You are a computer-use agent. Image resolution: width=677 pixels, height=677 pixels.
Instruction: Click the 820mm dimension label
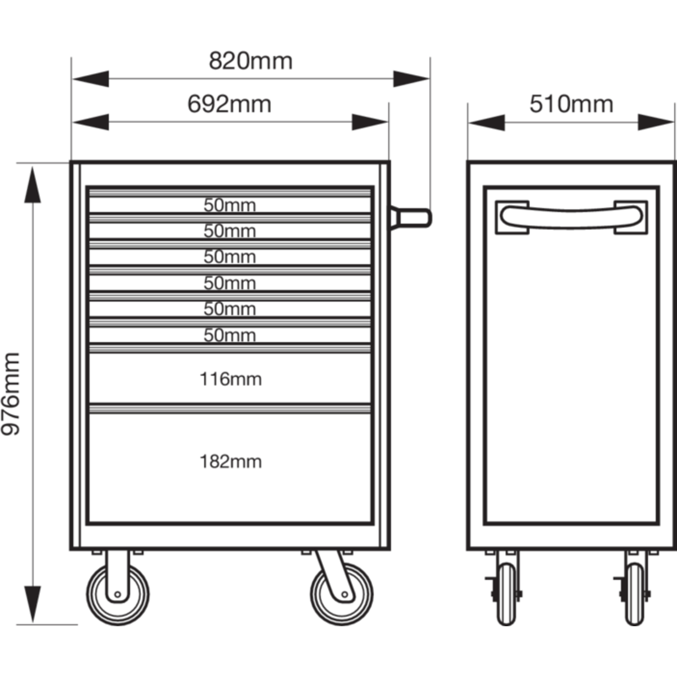(x=250, y=61)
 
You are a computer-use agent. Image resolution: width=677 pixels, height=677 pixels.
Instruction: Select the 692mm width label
(x=229, y=104)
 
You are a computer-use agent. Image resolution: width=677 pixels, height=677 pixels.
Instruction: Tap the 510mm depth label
(x=571, y=104)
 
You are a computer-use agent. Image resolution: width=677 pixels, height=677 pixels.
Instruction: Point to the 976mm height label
(x=11, y=394)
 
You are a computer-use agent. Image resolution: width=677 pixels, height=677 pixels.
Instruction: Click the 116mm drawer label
(x=231, y=379)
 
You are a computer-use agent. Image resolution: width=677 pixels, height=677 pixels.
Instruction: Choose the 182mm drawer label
(x=231, y=462)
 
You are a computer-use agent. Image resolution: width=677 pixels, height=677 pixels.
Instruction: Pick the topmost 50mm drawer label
(x=230, y=205)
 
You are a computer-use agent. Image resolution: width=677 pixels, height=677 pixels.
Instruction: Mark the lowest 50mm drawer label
(x=230, y=335)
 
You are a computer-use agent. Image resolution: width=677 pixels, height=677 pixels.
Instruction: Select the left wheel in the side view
(x=506, y=594)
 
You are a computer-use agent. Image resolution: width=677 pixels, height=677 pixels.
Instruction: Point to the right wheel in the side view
(x=635, y=594)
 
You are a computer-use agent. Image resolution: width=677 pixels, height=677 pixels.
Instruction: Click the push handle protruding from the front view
(x=410, y=218)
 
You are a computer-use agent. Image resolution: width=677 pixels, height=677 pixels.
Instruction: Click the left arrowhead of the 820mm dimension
(x=91, y=79)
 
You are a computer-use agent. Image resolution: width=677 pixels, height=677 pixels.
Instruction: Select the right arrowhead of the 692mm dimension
(x=370, y=122)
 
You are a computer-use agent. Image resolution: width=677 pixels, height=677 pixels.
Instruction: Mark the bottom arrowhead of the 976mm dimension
(x=33, y=605)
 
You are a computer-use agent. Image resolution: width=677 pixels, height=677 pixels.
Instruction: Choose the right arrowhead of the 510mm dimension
(x=656, y=122)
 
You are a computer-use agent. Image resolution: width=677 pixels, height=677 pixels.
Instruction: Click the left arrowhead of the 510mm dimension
(x=487, y=122)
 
